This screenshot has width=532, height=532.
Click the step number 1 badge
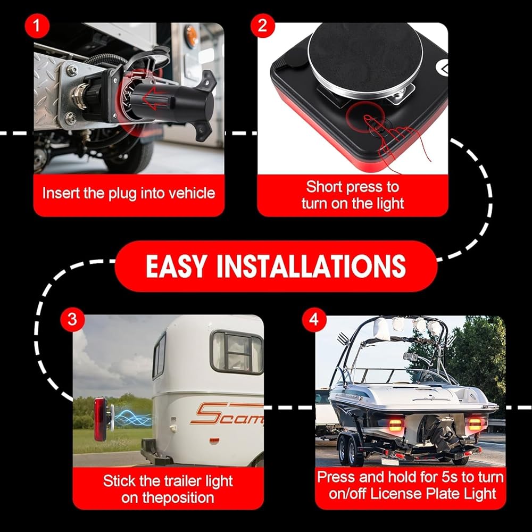point(37,26)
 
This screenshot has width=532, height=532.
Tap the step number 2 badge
point(263,26)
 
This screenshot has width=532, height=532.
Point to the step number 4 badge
point(314,320)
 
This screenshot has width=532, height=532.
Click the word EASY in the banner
point(176,267)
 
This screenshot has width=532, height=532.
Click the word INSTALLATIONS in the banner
point(311,267)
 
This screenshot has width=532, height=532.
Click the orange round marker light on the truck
point(192,37)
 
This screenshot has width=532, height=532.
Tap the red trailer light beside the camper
point(101,419)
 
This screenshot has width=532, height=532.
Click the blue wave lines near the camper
point(132,418)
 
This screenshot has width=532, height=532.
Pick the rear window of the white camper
point(237,353)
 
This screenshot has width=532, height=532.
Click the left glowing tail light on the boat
point(395,425)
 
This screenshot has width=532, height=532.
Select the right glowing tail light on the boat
point(475,425)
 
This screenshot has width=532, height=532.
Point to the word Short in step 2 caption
point(323,187)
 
